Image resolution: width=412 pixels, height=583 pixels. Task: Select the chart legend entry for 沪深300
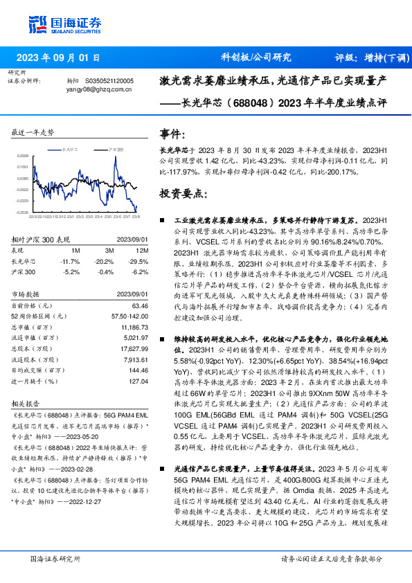(x=114, y=148)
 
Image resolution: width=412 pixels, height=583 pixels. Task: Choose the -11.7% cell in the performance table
(x=71, y=261)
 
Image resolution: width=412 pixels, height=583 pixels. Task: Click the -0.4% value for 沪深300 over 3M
(x=105, y=273)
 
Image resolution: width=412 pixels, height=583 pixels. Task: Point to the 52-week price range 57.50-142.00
(x=130, y=316)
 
